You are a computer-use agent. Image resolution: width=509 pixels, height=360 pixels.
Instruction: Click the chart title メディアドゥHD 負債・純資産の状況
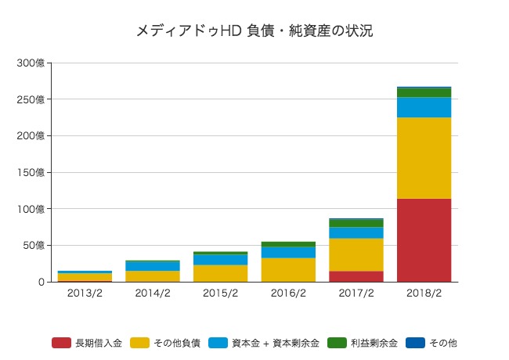click(x=254, y=31)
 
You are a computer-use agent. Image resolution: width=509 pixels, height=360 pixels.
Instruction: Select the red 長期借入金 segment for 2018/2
click(x=424, y=239)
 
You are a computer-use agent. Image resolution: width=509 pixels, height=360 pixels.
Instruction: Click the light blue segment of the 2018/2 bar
click(x=424, y=107)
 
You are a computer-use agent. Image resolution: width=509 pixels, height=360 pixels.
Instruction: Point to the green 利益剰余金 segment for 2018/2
click(x=424, y=92)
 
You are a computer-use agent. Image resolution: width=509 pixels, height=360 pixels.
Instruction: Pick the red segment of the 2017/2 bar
click(x=356, y=276)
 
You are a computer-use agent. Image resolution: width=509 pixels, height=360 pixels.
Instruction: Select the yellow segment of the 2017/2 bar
click(x=356, y=254)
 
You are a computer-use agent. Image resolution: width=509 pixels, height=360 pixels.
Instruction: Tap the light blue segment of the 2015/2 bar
click(x=220, y=260)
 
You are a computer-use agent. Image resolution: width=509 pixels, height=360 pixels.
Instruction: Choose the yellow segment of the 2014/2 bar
click(x=152, y=275)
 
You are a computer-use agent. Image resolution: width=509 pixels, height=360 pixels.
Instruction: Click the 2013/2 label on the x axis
click(x=84, y=293)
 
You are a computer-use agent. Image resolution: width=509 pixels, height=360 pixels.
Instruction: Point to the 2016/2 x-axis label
click(x=288, y=293)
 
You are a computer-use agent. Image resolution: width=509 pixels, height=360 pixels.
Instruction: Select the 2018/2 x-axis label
click(x=424, y=293)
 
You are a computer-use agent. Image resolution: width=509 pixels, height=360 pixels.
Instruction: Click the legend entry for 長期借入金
click(x=87, y=343)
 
